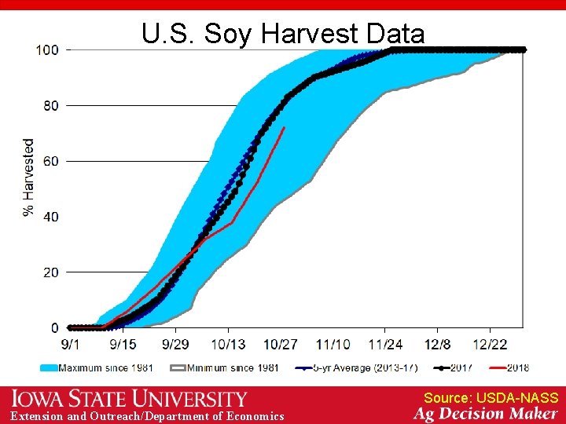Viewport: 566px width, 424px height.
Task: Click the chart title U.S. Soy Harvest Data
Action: point(283,34)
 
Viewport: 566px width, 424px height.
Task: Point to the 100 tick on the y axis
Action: point(47,49)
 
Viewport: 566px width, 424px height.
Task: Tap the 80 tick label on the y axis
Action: point(50,105)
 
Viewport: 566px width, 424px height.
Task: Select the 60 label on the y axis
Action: point(50,161)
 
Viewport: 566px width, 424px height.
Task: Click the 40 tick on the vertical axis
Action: point(50,217)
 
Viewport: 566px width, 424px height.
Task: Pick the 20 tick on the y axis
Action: point(50,272)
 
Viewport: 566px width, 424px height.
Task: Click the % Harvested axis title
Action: point(29,177)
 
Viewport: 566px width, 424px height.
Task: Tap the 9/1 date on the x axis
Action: point(70,344)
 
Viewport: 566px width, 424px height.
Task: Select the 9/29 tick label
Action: point(175,344)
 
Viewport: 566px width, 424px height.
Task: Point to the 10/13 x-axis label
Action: point(228,344)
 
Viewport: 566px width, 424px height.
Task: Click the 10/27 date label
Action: point(281,344)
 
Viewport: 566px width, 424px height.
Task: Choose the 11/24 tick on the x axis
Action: point(385,344)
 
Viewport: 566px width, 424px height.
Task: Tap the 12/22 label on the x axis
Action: point(490,344)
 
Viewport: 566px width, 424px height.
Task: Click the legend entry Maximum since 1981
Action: point(97,367)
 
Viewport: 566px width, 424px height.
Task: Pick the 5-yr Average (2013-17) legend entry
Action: point(357,367)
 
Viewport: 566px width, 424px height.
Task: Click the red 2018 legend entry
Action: point(509,367)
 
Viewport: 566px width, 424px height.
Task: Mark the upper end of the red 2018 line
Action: point(284,127)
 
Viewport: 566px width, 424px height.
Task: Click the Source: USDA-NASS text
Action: point(491,398)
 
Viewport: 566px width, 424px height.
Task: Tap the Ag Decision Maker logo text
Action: point(486,415)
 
